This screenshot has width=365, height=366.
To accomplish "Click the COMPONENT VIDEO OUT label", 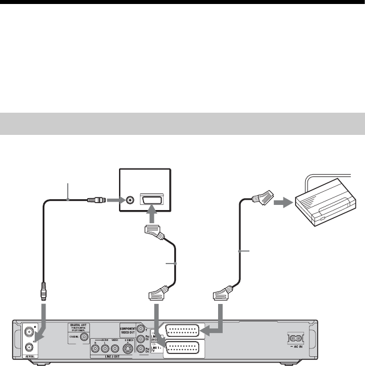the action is click(x=133, y=330).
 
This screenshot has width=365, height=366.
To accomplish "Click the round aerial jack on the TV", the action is click(x=130, y=200).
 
